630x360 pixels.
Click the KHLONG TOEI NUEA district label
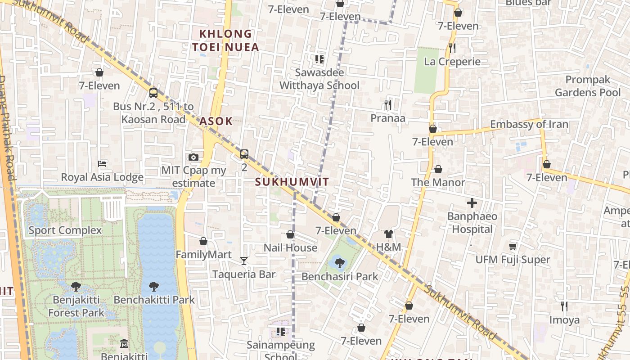[225, 40]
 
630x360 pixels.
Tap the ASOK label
[216, 121]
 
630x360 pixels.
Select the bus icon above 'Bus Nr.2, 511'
[153, 93]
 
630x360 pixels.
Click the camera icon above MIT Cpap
[193, 157]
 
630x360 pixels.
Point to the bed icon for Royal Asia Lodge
[103, 163]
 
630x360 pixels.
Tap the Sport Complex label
[65, 230]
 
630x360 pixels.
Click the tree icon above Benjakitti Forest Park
[76, 286]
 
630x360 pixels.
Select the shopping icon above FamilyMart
[203, 241]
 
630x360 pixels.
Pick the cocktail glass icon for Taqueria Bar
[244, 261]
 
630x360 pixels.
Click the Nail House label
[290, 247]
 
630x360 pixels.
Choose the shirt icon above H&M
[389, 234]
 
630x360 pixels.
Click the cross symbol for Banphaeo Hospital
[472, 203]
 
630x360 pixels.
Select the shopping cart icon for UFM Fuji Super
[513, 246]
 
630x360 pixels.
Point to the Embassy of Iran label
[529, 124]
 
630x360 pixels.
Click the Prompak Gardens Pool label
[587, 86]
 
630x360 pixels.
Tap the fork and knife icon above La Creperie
[452, 48]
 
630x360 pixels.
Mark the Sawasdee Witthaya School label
[319, 79]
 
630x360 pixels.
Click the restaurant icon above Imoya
[564, 306]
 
